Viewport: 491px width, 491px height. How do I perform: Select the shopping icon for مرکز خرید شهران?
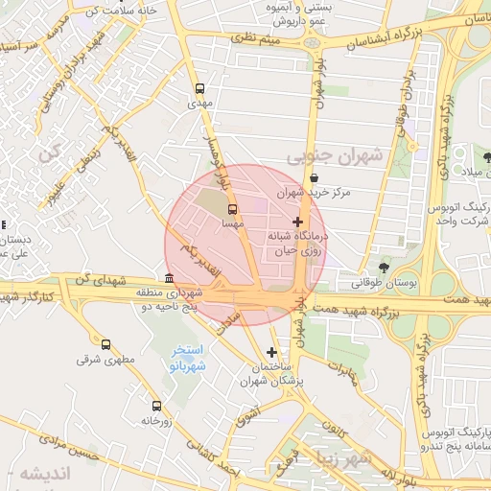(315, 178)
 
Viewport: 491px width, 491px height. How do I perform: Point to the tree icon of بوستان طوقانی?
(384, 268)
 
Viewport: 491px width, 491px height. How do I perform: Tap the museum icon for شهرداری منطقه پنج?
(169, 278)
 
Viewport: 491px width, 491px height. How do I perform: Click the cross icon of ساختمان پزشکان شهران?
(272, 353)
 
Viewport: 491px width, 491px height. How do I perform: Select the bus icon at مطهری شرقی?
(105, 344)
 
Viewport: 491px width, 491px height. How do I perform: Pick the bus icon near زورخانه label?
(156, 406)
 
